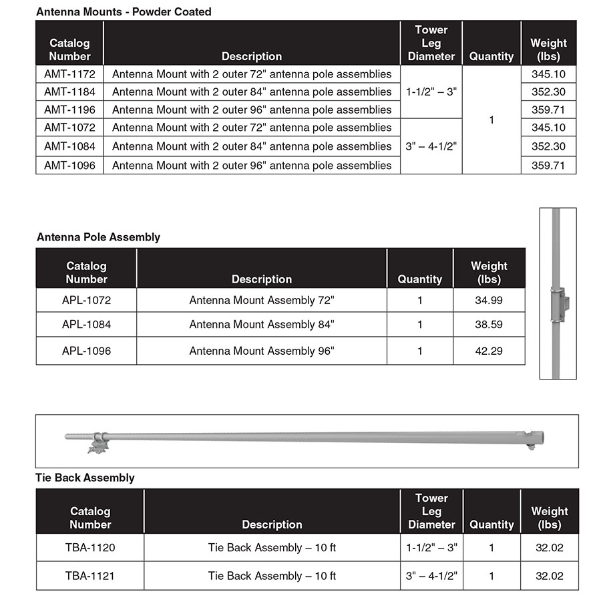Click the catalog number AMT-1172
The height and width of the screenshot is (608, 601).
click(x=69, y=74)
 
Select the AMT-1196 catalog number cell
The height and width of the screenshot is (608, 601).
click(x=69, y=110)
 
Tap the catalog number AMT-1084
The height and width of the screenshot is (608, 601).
click(x=69, y=146)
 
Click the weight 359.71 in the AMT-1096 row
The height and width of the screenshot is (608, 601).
click(x=548, y=165)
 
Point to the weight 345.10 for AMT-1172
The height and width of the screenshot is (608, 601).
click(x=548, y=74)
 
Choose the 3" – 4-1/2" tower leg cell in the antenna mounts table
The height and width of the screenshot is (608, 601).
click(x=431, y=146)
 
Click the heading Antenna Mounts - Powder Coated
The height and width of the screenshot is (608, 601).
click(x=124, y=11)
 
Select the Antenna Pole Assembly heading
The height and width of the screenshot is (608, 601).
click(x=98, y=237)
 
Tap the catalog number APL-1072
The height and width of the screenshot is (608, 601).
click(x=86, y=301)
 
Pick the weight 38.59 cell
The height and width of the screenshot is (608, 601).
click(x=489, y=325)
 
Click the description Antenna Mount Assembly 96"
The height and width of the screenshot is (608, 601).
click(x=262, y=351)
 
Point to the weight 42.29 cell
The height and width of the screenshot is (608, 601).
click(x=489, y=351)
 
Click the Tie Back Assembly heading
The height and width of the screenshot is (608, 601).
click(x=85, y=478)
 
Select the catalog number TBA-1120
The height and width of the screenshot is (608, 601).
click(x=90, y=548)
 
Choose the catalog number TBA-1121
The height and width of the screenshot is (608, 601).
click(x=90, y=576)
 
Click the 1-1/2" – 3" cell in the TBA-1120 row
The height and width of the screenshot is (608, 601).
click(x=431, y=548)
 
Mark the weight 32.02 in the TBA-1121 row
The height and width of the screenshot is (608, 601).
click(x=549, y=576)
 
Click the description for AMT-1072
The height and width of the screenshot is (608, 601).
click(x=252, y=128)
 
